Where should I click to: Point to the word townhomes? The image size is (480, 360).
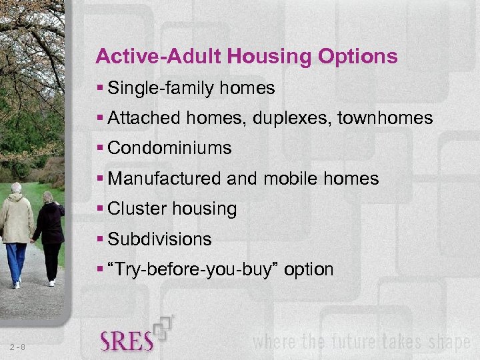[386, 119]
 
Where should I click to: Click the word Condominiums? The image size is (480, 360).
[169, 149]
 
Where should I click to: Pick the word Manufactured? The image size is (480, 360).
[165, 179]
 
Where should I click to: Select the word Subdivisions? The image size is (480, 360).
[159, 239]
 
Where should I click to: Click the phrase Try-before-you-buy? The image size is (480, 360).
[193, 270]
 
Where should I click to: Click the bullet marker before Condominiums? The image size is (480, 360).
[100, 149]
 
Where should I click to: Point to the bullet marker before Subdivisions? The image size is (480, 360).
[100, 239]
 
